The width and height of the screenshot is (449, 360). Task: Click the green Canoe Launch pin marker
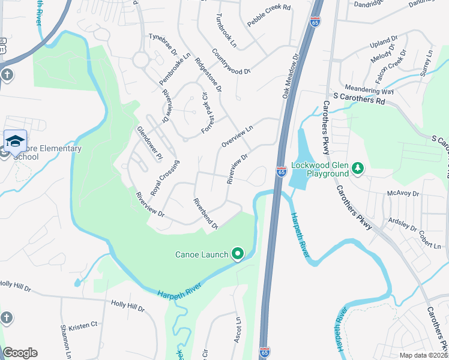[x=238, y=254]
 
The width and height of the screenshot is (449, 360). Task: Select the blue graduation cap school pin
[x=15, y=141]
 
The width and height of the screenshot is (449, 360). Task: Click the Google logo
[x=20, y=353]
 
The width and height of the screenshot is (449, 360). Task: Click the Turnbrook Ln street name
[x=228, y=31]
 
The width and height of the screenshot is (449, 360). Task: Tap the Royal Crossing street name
[x=164, y=178]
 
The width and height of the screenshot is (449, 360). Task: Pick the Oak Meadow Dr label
[x=291, y=77]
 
